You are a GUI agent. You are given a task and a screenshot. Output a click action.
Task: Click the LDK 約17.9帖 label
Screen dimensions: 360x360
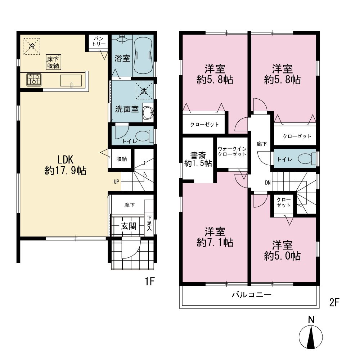point(66,165)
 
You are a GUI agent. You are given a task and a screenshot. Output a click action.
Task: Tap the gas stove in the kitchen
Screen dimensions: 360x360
point(34,80)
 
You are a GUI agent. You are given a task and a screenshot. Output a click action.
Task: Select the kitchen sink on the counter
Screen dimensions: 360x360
point(71,81)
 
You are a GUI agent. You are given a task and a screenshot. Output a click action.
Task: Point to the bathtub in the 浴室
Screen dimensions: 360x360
point(143,56)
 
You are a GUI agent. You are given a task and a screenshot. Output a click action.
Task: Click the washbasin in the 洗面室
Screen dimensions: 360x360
point(148,112)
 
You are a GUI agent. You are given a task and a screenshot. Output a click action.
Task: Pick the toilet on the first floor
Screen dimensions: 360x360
point(145,136)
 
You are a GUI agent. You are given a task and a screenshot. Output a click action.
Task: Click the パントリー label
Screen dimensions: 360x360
point(99,41)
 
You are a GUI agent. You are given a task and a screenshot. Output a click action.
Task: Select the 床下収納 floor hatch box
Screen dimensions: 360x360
point(53,62)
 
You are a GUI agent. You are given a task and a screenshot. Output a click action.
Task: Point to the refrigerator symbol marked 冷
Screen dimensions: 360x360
point(32,46)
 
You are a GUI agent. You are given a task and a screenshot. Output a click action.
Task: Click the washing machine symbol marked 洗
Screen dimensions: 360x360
point(144,91)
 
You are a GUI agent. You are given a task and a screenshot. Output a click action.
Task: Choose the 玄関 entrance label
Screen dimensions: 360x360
point(129,226)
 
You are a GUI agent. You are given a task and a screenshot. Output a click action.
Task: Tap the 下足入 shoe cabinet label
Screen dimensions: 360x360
point(149,223)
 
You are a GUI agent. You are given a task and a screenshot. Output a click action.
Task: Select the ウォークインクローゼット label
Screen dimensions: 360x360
point(232,152)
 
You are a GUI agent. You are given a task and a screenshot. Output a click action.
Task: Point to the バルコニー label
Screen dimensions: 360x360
point(251,294)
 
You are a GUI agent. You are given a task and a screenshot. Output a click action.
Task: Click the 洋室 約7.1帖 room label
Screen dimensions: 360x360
point(215,237)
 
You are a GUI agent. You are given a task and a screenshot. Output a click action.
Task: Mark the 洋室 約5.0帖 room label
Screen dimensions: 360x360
point(282,251)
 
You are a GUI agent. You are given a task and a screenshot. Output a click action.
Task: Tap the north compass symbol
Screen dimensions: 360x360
point(311,333)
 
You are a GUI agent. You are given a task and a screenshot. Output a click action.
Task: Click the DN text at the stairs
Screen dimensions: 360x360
point(268,183)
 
